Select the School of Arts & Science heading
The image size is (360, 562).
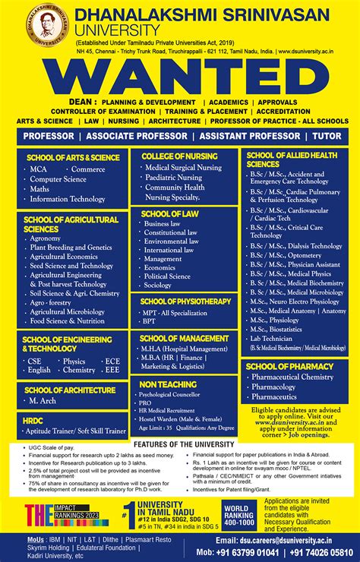pos(73,157)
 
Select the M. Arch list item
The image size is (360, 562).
pos(45,399)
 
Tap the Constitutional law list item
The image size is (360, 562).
pos(171,232)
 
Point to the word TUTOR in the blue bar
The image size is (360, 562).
pos(327,136)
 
